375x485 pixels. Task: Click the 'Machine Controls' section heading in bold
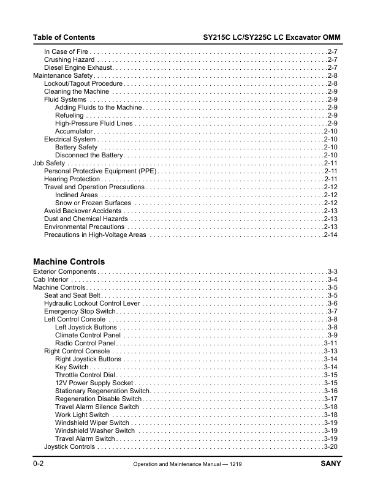tap(69, 261)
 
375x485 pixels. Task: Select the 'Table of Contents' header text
tap(64, 38)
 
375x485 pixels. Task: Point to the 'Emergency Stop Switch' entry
tap(76, 311)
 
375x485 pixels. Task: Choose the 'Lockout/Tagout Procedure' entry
tap(83, 83)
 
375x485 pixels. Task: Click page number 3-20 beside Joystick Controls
tap(331, 446)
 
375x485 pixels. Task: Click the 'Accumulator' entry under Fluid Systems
tap(74, 131)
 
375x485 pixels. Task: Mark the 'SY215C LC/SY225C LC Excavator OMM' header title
tap(271, 38)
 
